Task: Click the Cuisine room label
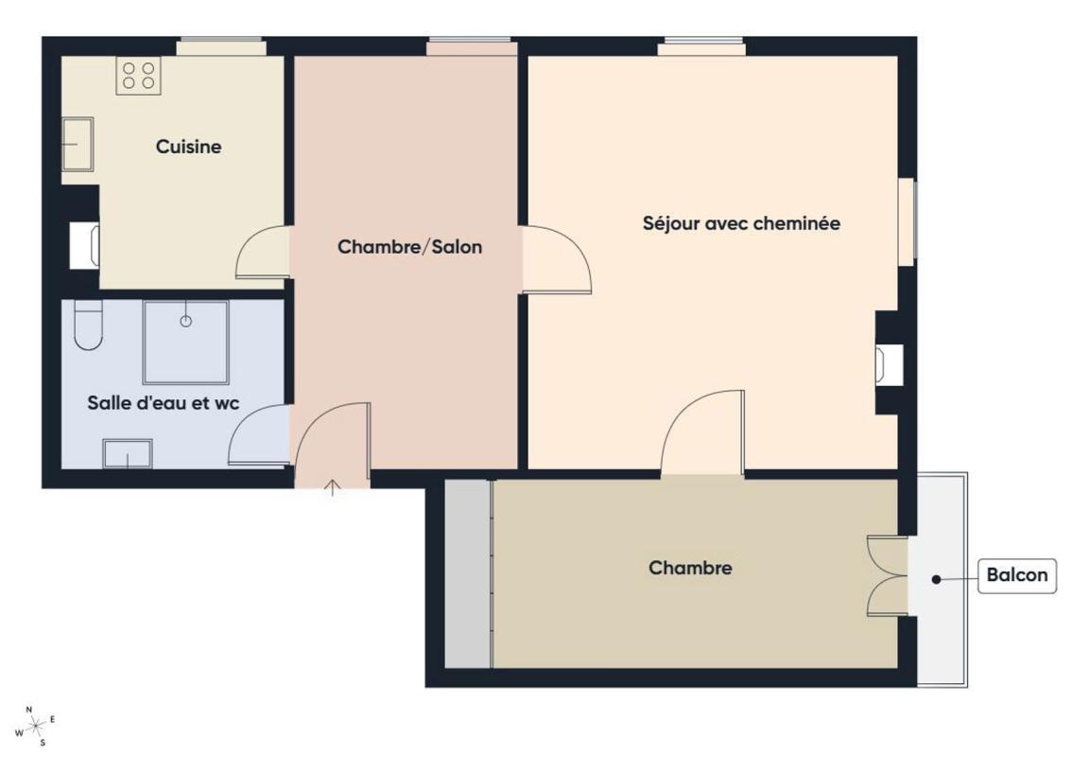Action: pos(189,147)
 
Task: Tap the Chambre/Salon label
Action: pos(409,246)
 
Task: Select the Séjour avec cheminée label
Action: pos(741,223)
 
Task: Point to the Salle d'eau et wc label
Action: pos(164,402)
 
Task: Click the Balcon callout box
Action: pos(1016,575)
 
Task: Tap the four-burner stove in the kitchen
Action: pos(138,76)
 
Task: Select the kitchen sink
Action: pos(78,144)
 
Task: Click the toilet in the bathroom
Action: pos(88,325)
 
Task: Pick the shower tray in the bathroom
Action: pos(185,343)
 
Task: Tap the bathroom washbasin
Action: pos(128,454)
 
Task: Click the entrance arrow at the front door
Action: pos(332,487)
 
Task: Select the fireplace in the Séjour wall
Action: pos(889,362)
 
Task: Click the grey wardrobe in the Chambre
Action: pos(468,573)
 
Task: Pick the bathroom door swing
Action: pos(259,435)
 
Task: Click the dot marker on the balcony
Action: pos(937,579)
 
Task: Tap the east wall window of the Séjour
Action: pos(907,221)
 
